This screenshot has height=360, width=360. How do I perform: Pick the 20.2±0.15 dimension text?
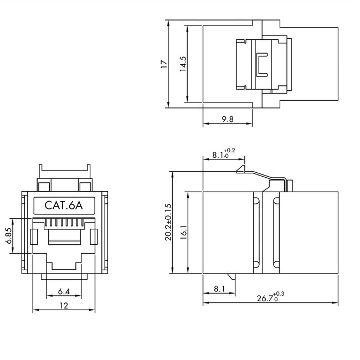click(168, 223)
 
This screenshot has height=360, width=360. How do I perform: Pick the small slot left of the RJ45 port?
click(33, 236)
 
